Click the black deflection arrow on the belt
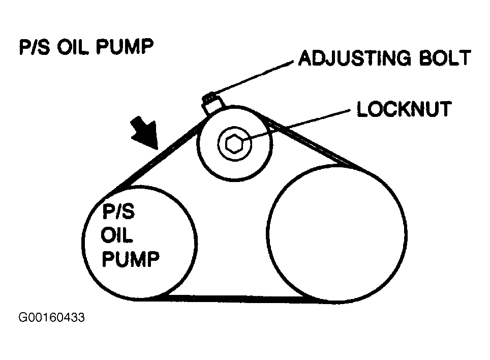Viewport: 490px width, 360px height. pyautogui.click(x=143, y=132)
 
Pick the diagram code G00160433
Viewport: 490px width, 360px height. pyautogui.click(x=51, y=319)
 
